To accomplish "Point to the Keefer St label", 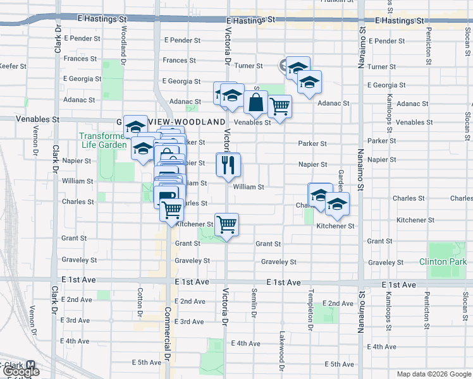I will [x=13, y=66].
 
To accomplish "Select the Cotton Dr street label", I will [x=140, y=302].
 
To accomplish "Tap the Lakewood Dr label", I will [x=281, y=347].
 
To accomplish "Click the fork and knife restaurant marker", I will [x=228, y=165].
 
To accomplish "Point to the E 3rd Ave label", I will [x=75, y=321].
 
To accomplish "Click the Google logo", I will [x=20, y=372].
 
